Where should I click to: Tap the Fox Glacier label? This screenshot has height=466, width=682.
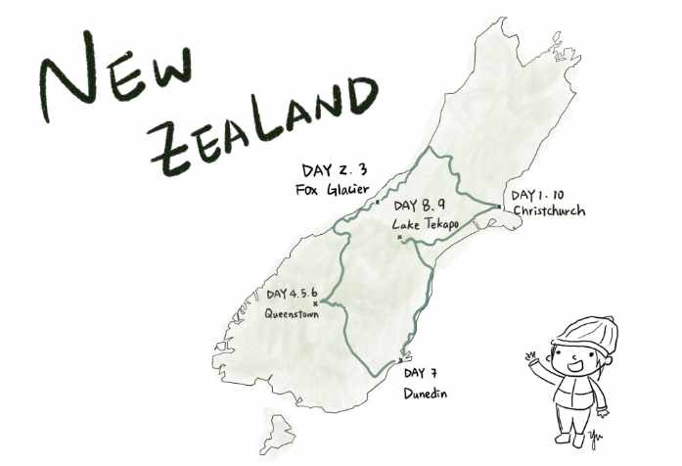click(x=331, y=189)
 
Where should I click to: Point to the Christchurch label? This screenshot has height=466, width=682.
click(x=548, y=210)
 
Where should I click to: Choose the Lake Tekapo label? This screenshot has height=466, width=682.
click(x=427, y=224)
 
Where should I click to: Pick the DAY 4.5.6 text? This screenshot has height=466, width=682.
click(x=295, y=294)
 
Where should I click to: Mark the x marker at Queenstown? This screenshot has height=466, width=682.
click(x=315, y=303)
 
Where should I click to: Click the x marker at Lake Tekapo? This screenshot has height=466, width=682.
click(x=399, y=236)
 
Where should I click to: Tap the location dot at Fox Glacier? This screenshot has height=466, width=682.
click(x=378, y=202)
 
